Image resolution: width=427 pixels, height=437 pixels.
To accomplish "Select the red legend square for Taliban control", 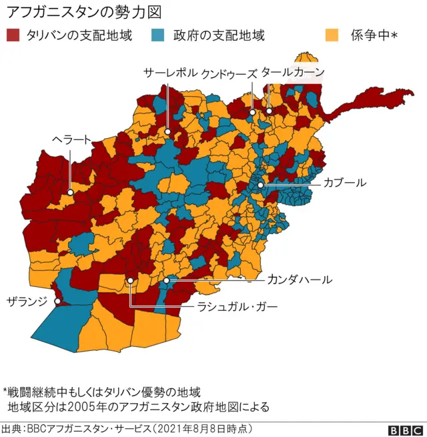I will (13, 35).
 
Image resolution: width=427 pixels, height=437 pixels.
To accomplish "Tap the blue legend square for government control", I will (158, 35).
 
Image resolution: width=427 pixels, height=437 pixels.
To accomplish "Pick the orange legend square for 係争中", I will (330, 35).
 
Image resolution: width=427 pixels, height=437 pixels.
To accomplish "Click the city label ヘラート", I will (72, 139).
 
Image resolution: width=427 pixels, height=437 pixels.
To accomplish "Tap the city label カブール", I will (344, 182).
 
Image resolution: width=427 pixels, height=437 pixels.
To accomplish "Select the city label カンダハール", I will (300, 280).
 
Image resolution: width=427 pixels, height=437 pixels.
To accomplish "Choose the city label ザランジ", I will (27, 301).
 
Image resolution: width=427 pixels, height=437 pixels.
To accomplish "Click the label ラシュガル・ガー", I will (237, 307).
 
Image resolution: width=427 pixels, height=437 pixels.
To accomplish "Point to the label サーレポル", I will (171, 73).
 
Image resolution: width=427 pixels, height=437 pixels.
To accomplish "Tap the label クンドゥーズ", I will (229, 73).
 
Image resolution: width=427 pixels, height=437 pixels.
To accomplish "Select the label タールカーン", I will (293, 72).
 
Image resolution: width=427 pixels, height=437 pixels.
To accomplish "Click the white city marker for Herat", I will (69, 191).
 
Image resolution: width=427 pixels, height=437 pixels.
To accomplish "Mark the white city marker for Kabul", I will (260, 185).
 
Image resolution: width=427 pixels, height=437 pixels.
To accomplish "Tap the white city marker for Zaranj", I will (57, 302).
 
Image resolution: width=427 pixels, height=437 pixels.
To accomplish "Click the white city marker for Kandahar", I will (167, 282).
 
